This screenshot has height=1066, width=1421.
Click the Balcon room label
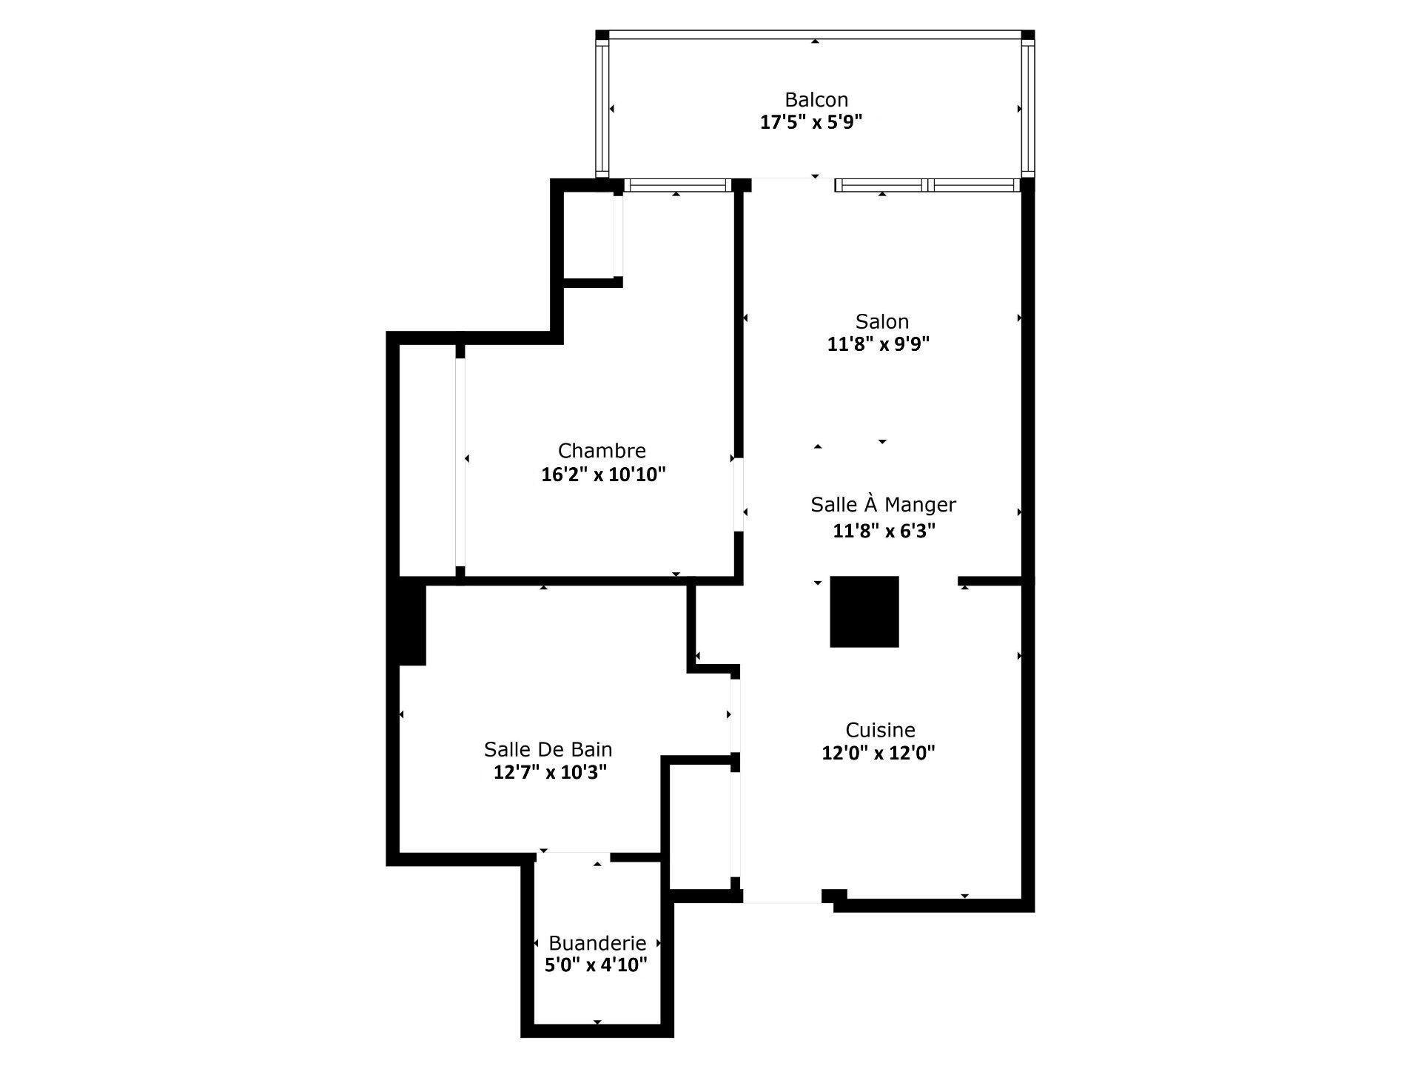coord(816,99)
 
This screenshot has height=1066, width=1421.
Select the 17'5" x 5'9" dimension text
coord(812,122)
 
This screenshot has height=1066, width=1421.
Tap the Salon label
coord(882,321)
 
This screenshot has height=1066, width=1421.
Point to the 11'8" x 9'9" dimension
coord(879,344)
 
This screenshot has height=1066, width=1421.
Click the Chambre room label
coord(602,451)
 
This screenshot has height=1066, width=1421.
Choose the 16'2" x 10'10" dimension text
coord(604,475)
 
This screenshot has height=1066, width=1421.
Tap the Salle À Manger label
coord(884,505)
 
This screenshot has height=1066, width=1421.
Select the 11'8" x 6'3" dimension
coord(884,531)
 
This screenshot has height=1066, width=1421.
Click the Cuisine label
coord(881,730)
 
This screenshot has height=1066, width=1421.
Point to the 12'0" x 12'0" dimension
coord(879,753)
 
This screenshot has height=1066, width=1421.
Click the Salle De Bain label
coord(548,749)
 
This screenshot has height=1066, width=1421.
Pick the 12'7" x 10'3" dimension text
coord(551,772)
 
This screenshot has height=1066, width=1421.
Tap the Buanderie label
coord(598,943)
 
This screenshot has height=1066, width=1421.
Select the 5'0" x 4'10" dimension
coord(597,965)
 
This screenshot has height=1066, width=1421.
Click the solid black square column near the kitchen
coord(864,611)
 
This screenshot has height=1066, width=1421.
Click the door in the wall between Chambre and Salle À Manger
coord(739,495)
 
